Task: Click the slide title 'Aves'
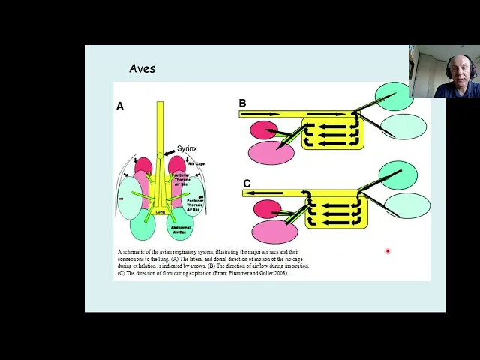click(142, 68)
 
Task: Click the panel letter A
click(120, 106)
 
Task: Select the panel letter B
click(242, 103)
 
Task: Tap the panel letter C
click(247, 184)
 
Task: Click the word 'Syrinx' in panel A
click(187, 148)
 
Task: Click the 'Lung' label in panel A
click(160, 212)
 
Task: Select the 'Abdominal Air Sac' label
click(181, 227)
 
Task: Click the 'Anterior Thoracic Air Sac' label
click(182, 180)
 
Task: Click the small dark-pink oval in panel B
click(263, 130)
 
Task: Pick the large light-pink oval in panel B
click(271, 153)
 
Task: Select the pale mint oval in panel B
click(403, 127)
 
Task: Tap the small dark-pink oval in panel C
click(267, 209)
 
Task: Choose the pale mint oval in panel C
click(407, 205)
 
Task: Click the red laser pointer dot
click(388, 251)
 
